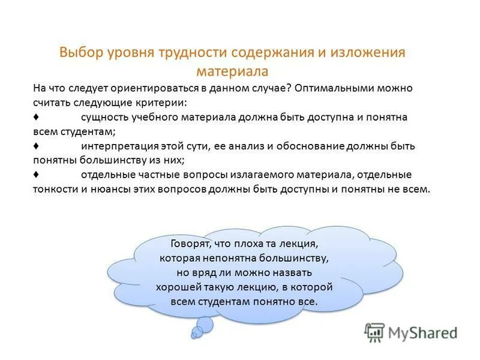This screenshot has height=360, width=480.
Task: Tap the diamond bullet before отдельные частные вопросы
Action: (37, 175)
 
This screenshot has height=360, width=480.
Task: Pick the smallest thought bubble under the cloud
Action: (194, 335)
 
